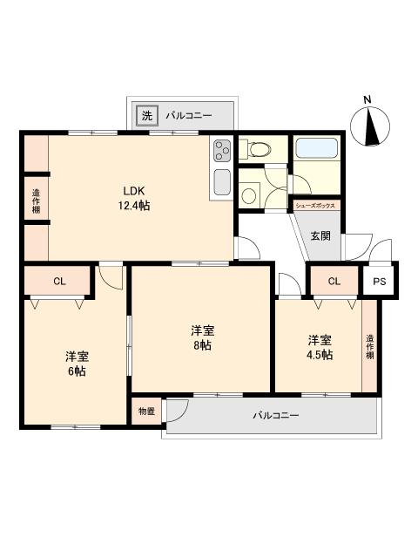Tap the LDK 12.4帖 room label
(134, 198)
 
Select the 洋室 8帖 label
(204, 337)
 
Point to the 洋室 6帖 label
(76, 364)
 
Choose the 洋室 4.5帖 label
(319, 347)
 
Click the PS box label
(379, 281)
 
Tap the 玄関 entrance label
(320, 235)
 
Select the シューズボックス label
(316, 206)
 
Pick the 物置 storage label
(146, 411)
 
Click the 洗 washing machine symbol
(145, 115)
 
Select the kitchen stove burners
(221, 150)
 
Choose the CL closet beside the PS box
(334, 281)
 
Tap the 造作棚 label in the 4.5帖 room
(370, 346)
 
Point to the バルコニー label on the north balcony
(189, 115)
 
